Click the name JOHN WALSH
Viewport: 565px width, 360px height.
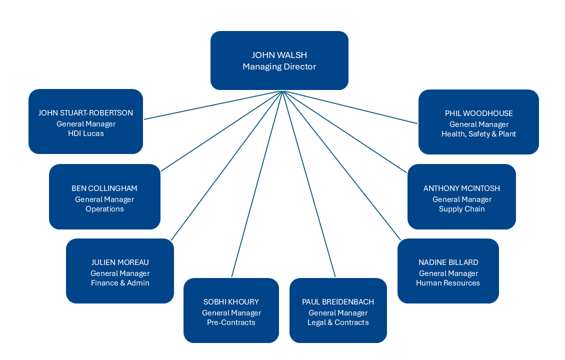point(279,55)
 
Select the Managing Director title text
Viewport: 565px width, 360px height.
point(279,66)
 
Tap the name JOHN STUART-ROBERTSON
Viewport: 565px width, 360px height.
point(85,113)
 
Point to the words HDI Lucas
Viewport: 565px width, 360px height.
point(85,133)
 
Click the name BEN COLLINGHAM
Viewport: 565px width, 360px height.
point(104,188)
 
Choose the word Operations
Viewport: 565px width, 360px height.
point(104,209)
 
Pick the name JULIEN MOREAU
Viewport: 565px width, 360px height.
point(120,262)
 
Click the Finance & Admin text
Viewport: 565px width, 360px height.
point(120,283)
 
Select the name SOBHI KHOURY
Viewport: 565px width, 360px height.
point(231,302)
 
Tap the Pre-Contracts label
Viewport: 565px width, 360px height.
point(231,322)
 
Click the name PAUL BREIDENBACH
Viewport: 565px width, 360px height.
point(338,302)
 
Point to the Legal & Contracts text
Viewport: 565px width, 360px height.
point(338,322)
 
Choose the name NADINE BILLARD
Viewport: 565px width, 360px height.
point(448,262)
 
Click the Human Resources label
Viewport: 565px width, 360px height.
point(448,283)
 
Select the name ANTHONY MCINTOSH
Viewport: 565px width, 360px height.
point(461,188)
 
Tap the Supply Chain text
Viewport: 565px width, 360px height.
point(461,209)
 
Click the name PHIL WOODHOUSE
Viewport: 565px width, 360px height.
point(478,113)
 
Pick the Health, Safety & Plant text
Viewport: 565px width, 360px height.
point(478,134)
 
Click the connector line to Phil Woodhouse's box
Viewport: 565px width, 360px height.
point(350,107)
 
